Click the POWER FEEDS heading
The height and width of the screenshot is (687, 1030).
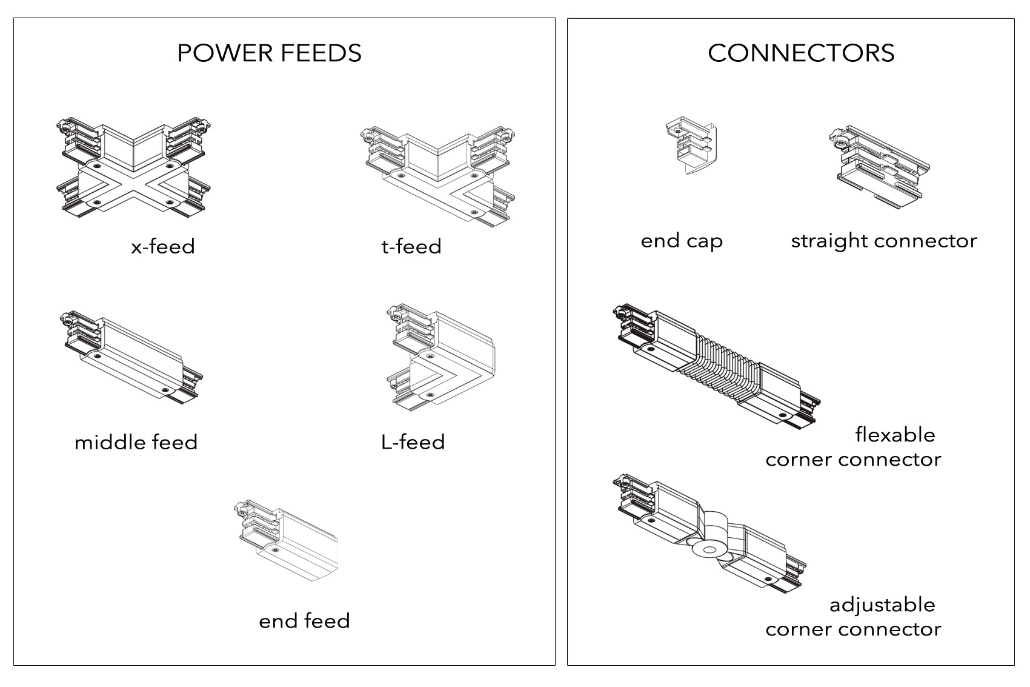(269, 53)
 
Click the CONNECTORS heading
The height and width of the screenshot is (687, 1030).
(801, 53)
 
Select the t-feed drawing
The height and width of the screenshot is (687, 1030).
(439, 176)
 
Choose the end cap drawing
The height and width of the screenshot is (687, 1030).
(692, 146)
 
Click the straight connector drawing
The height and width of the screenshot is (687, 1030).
(879, 164)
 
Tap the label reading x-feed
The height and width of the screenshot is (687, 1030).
(163, 247)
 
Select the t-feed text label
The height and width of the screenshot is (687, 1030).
(411, 247)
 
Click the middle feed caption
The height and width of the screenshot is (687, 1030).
(136, 443)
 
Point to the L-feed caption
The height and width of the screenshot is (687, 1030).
(413, 442)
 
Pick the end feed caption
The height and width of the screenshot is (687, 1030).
(304, 621)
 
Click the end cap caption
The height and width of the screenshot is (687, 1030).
(682, 241)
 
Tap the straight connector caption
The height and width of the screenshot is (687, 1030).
(883, 241)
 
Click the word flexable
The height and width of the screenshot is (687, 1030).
(895, 435)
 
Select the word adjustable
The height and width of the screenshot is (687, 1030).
(882, 605)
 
